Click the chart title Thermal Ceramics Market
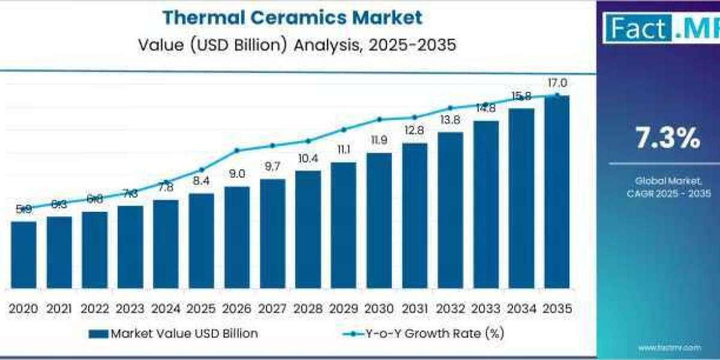(292, 17)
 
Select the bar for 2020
(23, 254)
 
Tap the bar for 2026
(237, 237)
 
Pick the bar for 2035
(557, 192)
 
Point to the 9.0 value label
(237, 174)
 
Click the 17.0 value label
(557, 83)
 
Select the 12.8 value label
(415, 130)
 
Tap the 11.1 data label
(343, 149)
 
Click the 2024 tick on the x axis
(166, 308)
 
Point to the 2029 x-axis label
(343, 308)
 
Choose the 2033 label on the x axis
(485, 308)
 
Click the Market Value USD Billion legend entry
(173, 334)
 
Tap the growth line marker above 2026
(237, 150)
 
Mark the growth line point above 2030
(379, 119)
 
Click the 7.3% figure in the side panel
(668, 139)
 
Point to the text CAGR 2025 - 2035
(667, 193)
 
